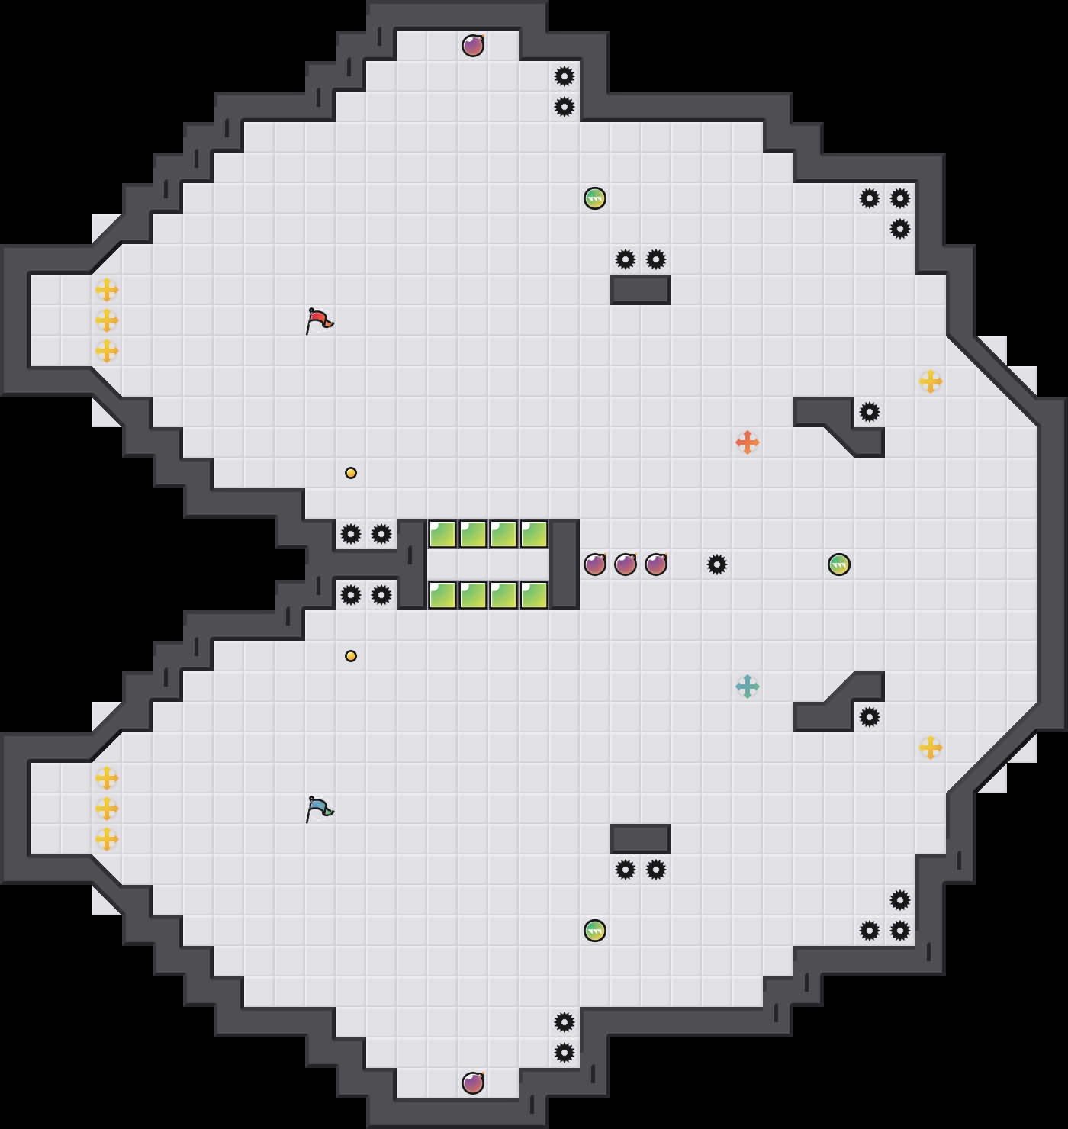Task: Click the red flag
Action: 320,320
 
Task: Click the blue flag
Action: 320,809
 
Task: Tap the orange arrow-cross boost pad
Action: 748,442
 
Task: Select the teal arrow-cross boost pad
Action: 748,687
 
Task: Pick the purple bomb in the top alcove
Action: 473,46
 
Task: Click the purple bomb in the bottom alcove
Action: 473,1083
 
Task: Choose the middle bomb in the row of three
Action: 626,564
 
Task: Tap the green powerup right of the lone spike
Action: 839,564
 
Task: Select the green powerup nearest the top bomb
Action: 595,198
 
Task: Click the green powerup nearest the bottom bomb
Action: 595,931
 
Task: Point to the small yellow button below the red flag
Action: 351,473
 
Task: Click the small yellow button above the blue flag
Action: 351,656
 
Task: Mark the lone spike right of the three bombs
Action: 717,564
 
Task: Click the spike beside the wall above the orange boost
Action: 870,412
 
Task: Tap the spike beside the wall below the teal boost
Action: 870,717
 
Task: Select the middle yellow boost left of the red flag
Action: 107,320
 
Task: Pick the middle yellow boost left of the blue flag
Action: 107,809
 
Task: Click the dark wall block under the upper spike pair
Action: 641,290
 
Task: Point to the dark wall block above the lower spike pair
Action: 641,839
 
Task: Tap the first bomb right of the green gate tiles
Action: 595,564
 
